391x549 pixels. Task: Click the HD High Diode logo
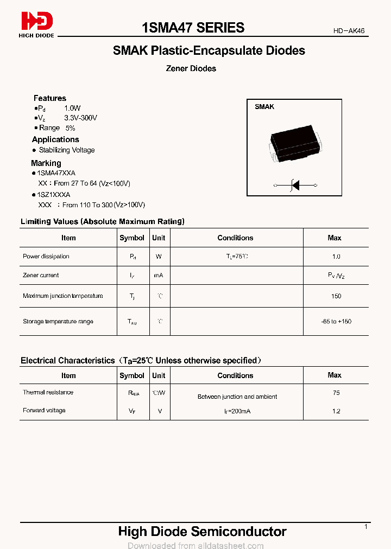pos(37,24)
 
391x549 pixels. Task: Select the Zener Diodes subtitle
pos(191,68)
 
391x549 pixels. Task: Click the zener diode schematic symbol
pos(295,186)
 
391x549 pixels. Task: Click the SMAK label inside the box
pos(264,107)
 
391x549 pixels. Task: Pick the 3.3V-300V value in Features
pos(80,118)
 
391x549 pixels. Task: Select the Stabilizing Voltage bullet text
pos(66,150)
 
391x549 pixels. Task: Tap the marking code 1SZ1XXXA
pos(53,194)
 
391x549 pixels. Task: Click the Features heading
pos(49,98)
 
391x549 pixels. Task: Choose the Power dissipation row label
pos(46,257)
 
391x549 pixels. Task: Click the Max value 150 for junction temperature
pos(336,296)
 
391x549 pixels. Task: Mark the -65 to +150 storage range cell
pos(336,322)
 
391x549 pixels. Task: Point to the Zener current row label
pos(41,276)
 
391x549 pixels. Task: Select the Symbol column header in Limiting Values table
pos(131,238)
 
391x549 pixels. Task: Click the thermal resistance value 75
pos(336,393)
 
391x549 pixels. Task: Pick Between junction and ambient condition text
pos(237,397)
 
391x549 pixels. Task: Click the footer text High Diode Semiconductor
pos(202,532)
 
